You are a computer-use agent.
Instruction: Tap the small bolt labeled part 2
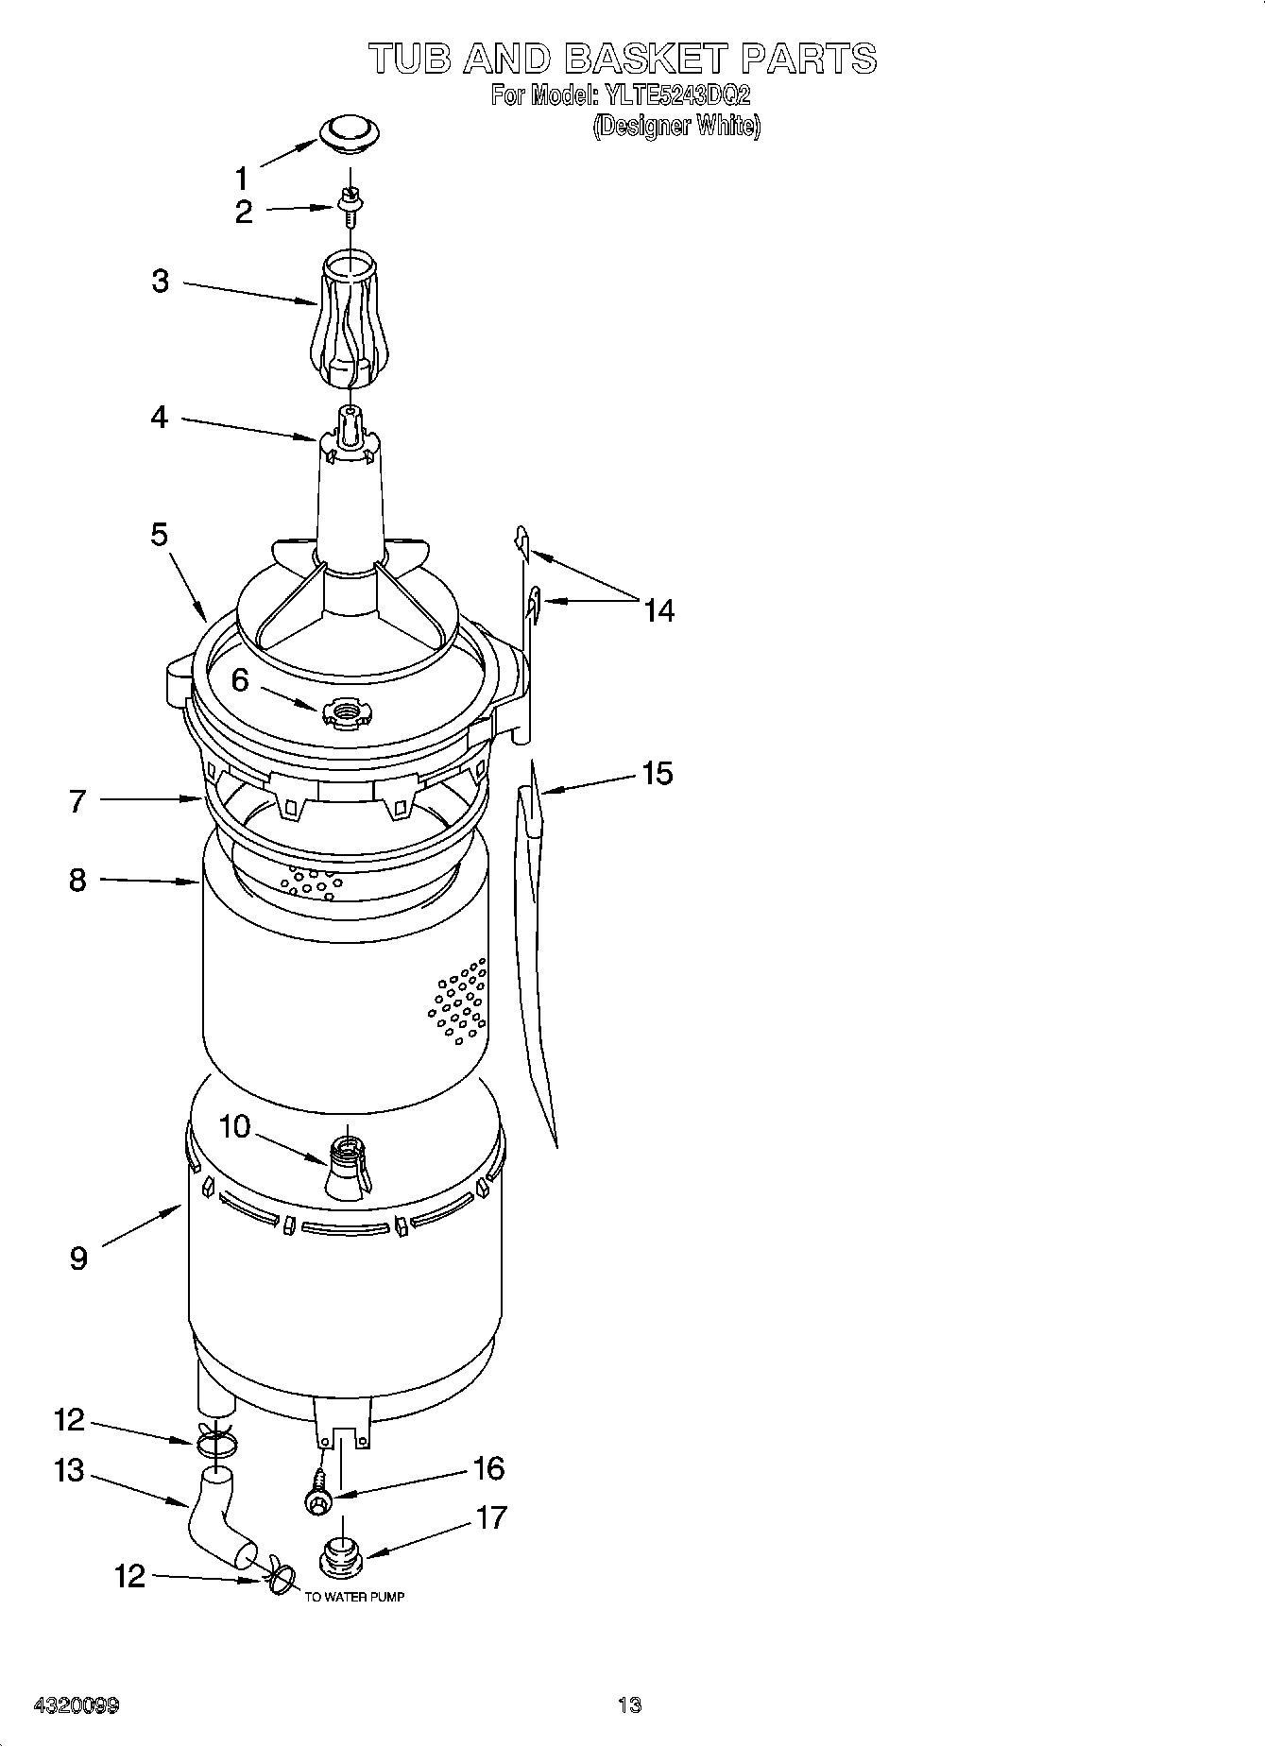[x=350, y=204]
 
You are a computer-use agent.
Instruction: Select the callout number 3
[x=161, y=281]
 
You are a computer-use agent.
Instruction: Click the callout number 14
[x=658, y=611]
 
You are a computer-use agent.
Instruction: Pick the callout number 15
[x=657, y=774]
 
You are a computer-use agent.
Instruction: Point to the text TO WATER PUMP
[x=354, y=1597]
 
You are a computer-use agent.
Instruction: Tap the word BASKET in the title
[x=646, y=59]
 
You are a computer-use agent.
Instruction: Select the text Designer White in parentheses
[x=676, y=126]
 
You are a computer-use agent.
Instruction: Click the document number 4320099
[x=77, y=1705]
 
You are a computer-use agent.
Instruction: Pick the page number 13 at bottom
[x=630, y=1704]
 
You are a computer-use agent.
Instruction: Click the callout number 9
[x=78, y=1258]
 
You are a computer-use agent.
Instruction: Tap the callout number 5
[x=159, y=535]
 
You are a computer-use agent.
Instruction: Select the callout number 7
[x=78, y=801]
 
